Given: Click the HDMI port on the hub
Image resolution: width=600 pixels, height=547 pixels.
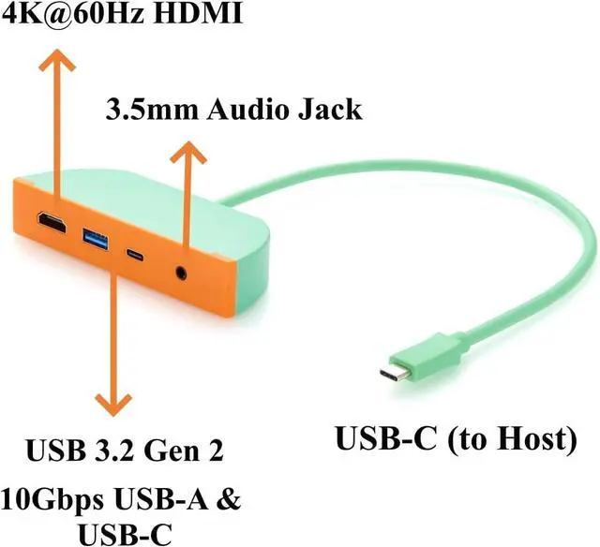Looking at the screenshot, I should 50,224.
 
